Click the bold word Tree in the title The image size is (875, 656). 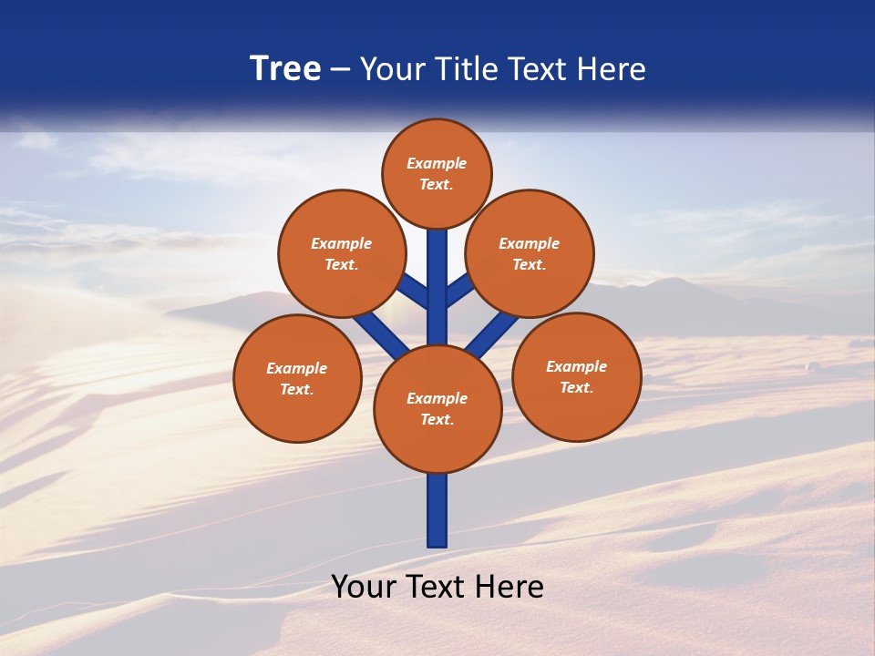(x=285, y=69)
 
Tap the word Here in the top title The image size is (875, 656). (x=612, y=69)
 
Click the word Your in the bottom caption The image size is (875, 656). (x=363, y=587)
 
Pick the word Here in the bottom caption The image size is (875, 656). (x=510, y=587)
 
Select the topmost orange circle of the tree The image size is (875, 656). (x=437, y=173)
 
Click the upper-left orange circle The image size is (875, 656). (x=341, y=253)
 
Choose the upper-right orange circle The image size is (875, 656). (x=530, y=253)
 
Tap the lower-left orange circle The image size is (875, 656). (x=297, y=378)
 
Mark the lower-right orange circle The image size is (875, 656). (x=577, y=376)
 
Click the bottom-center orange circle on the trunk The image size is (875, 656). (x=437, y=408)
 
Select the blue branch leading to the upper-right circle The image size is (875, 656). (x=458, y=292)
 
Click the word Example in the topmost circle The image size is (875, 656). (x=437, y=163)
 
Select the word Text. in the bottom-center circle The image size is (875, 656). (x=437, y=419)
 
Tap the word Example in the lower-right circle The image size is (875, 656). (x=576, y=366)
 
